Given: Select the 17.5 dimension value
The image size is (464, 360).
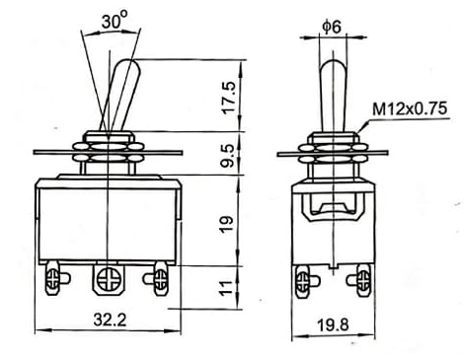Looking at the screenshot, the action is tap(229, 97).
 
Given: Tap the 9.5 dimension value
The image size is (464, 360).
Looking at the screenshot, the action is tap(229, 155).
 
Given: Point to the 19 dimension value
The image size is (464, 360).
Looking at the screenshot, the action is tap(227, 224).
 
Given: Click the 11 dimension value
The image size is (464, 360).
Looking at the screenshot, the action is tap(227, 288).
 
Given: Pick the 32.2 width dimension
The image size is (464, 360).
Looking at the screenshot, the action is tap(110, 320).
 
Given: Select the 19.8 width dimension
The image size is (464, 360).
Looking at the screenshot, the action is tap(333, 325).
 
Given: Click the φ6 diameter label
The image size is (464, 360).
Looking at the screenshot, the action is tap(332, 27).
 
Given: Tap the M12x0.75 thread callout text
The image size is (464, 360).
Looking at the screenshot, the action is tap(410, 108).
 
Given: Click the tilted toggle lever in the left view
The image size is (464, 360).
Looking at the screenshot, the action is tap(121, 96).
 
